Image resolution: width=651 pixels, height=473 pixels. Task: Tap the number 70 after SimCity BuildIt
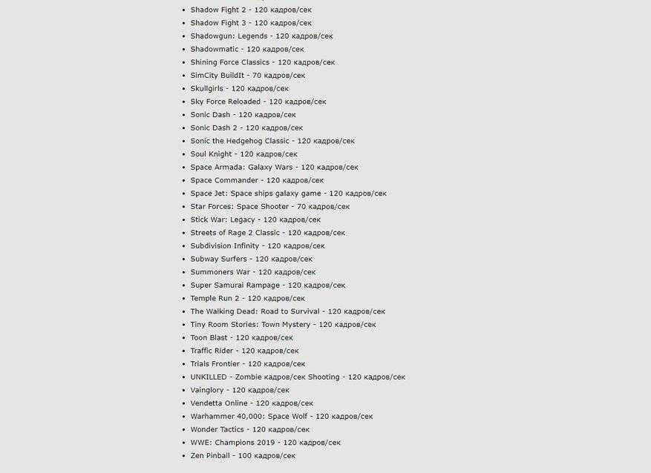pos(257,76)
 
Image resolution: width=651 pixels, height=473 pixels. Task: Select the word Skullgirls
pos(206,89)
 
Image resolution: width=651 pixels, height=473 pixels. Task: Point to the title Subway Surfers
pos(218,259)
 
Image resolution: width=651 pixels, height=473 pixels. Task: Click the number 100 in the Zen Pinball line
pos(245,456)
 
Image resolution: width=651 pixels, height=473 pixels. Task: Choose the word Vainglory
pos(207,390)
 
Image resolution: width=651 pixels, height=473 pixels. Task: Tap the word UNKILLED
pos(209,377)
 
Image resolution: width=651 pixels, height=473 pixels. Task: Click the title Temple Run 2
pos(215,299)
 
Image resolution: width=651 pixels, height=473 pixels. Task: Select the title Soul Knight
pos(211,154)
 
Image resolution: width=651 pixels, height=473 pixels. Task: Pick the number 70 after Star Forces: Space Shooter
pos(302,207)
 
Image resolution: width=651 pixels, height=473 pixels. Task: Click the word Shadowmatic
pos(214,50)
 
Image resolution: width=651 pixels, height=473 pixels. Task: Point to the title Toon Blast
pos(209,338)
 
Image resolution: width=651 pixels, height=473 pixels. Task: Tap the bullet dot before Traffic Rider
pos(183,351)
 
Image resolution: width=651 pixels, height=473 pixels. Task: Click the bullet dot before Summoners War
pos(183,273)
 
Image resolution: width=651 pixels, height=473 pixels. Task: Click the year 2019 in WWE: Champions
pos(265,443)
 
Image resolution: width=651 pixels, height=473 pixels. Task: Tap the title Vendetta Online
pos(219,403)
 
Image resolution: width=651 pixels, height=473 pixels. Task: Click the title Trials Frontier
pos(215,364)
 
